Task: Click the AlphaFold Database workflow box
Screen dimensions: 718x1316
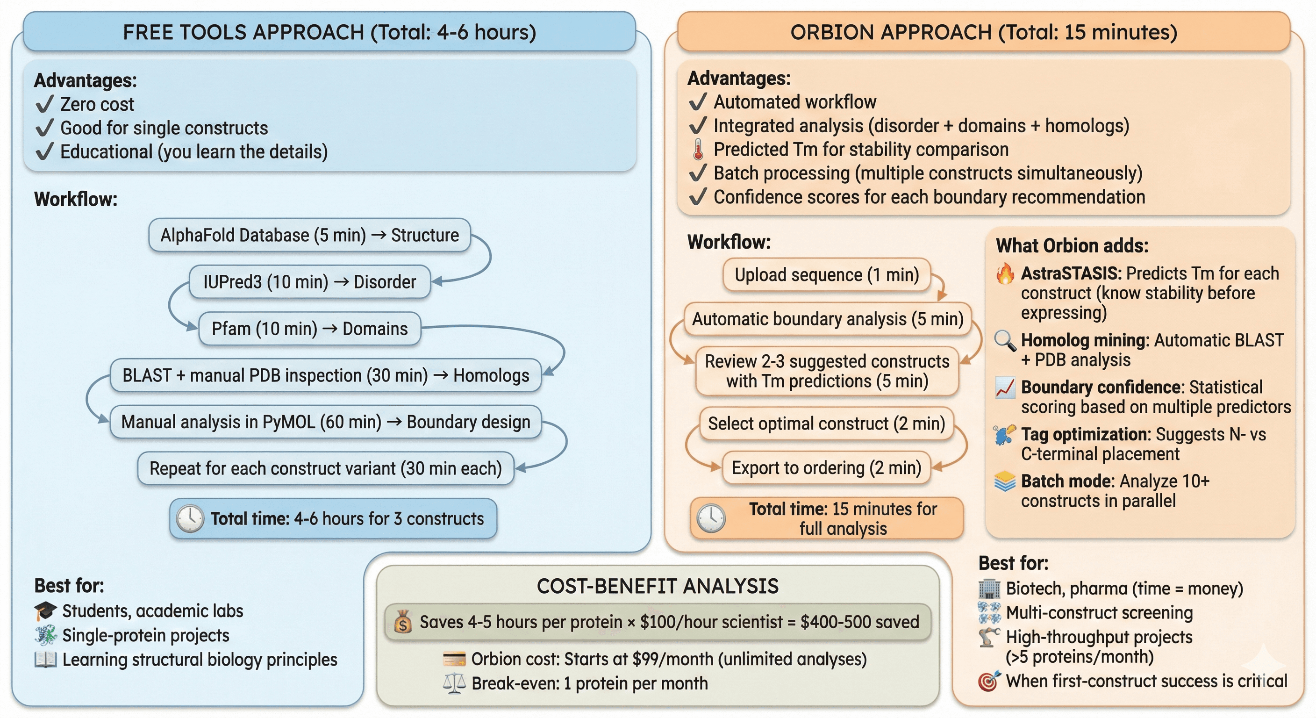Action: (309, 235)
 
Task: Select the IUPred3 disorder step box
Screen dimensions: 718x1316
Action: (309, 281)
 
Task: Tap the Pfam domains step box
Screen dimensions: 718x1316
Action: (309, 329)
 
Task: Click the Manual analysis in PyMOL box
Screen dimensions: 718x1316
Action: (325, 422)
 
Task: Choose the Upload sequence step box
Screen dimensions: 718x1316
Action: (827, 275)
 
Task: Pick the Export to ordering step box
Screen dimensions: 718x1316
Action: (826, 467)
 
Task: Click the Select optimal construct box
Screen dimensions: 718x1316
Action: (826, 424)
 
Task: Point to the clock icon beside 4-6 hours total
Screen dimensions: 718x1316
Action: (190, 519)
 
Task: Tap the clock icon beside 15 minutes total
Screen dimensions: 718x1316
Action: (711, 519)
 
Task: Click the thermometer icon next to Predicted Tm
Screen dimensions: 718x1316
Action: (698, 149)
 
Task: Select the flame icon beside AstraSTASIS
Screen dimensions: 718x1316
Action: (1005, 273)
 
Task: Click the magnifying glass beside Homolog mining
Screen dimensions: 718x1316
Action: (1005, 341)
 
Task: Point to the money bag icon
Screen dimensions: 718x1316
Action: (402, 622)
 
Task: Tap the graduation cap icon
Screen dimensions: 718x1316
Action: (45, 610)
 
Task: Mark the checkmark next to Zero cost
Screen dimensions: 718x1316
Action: (45, 104)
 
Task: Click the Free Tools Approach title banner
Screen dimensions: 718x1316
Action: (329, 32)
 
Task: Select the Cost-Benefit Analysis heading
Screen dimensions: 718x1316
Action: (658, 586)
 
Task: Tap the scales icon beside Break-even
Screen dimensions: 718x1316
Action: (454, 683)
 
